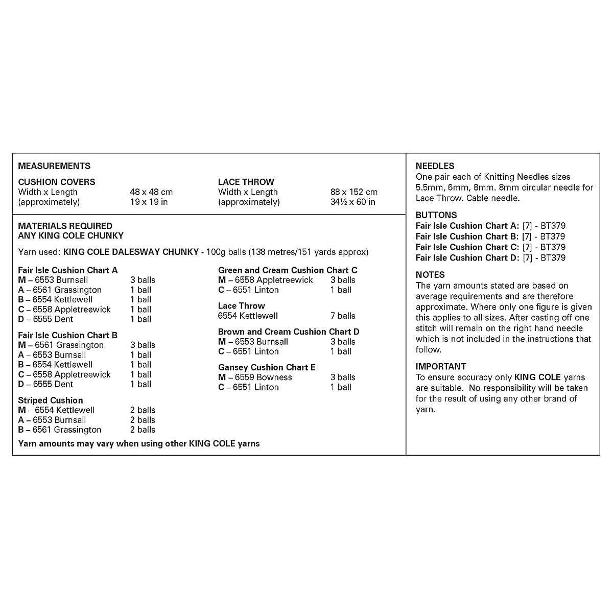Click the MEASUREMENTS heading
(x=54, y=166)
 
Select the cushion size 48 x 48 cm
(x=151, y=192)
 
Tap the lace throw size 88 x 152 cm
(x=354, y=192)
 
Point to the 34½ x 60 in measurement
(x=352, y=202)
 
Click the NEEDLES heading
(x=435, y=166)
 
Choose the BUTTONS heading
(x=436, y=215)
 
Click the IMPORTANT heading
(x=441, y=366)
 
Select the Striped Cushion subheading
(x=50, y=400)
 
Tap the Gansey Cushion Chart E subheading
(x=267, y=367)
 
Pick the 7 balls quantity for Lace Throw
(x=343, y=316)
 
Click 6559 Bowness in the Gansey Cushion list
(x=263, y=378)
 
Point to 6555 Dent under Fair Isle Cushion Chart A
(x=53, y=319)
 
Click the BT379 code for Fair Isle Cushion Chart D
(x=552, y=258)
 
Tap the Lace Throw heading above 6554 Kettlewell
(x=241, y=306)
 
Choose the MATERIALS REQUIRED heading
(x=65, y=226)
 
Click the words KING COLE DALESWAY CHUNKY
(x=131, y=252)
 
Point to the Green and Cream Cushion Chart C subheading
(x=288, y=270)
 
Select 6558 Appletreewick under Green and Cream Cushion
(x=274, y=280)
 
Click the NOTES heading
(x=430, y=275)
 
